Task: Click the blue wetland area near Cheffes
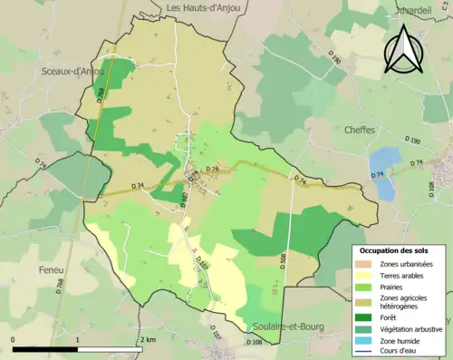(384, 172)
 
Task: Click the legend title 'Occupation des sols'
(400, 249)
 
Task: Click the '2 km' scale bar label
(148, 339)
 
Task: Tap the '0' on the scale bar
(14, 339)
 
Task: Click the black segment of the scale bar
(45, 349)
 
